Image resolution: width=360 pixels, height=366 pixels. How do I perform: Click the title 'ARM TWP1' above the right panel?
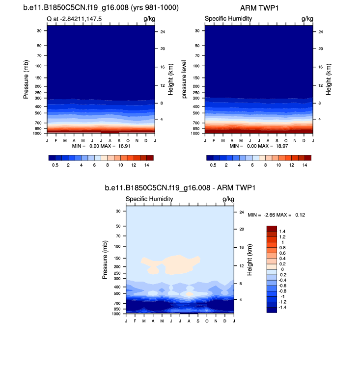click(258, 8)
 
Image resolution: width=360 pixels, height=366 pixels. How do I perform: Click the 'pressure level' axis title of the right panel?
click(184, 79)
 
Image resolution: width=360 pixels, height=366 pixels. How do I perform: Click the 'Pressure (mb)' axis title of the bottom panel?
click(105, 260)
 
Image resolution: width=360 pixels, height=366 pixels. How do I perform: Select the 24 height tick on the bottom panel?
click(242, 212)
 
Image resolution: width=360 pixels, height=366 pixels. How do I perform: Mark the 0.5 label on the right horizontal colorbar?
click(213, 166)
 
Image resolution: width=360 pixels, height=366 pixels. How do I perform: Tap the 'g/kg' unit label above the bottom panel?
click(228, 199)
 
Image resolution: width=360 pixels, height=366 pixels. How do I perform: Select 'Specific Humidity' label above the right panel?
click(228, 19)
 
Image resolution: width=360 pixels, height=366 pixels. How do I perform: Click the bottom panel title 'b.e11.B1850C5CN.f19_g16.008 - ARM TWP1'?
click(180, 188)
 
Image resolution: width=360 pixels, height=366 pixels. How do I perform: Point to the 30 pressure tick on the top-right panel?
click(197, 31)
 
